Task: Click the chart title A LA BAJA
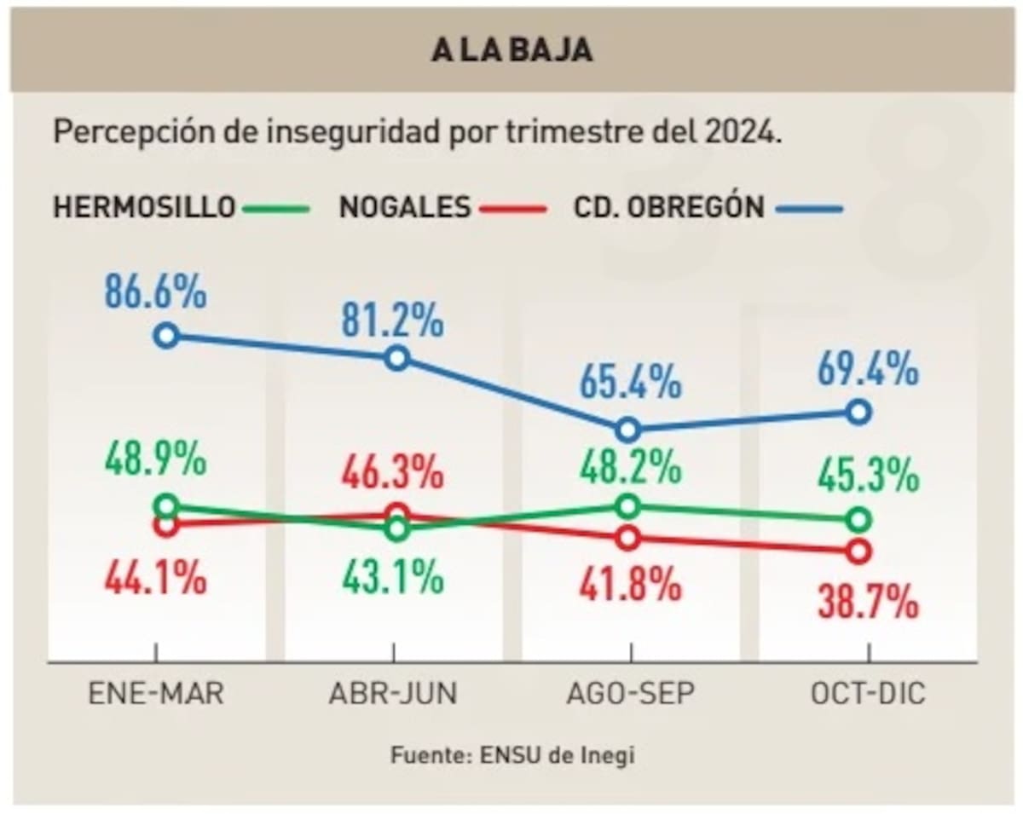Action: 511,49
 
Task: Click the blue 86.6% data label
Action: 155,292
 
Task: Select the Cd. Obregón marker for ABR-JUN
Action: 396,357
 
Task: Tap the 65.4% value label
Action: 630,382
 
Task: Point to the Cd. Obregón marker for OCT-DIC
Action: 858,413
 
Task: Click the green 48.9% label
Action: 155,460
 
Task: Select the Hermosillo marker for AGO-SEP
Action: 627,505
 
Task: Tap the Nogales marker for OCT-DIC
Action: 858,551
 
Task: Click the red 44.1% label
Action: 155,580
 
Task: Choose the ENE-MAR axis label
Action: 156,694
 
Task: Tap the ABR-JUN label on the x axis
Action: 393,694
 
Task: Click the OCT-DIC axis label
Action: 868,694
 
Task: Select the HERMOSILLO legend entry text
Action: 144,207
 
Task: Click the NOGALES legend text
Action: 405,207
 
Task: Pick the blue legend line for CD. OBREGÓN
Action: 809,208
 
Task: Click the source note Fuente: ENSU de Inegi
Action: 512,755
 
